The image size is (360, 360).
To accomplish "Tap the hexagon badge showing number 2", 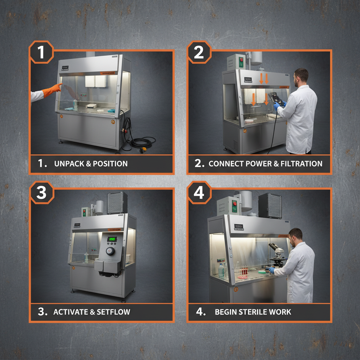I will click(x=199, y=52).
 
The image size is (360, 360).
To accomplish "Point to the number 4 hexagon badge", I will click(x=199, y=192).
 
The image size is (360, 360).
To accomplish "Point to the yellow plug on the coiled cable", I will click(x=143, y=150).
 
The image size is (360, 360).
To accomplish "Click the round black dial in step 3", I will click(x=110, y=251).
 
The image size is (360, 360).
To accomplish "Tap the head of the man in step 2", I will click(x=301, y=77).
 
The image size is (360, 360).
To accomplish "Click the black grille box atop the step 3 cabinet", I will click(x=117, y=203).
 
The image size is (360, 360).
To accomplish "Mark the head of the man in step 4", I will click(x=295, y=237).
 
